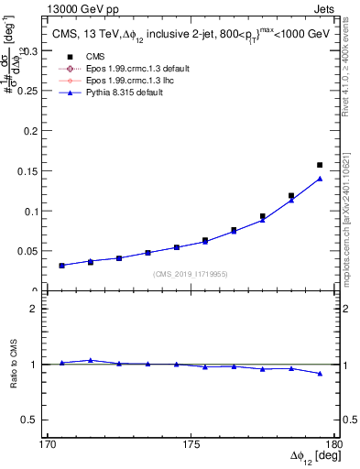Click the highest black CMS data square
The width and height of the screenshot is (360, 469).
pos(320,165)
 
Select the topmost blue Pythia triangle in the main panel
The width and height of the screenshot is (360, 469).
pos(320,179)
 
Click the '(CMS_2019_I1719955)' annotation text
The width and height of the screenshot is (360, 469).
pos(191,273)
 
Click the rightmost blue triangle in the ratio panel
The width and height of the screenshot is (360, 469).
pos(320,374)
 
